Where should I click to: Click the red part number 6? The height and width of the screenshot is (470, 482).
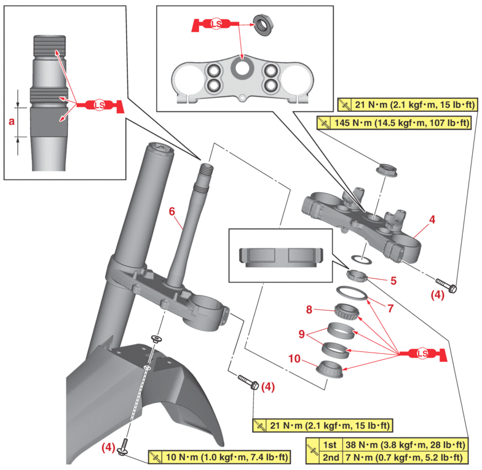coord(172,211)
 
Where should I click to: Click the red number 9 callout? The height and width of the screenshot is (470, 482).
coord(301,334)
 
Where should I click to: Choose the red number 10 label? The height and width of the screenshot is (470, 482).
coord(295,358)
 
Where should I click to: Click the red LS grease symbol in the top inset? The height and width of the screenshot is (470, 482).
coord(215,25)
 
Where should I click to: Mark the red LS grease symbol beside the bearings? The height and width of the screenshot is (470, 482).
coord(422,353)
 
